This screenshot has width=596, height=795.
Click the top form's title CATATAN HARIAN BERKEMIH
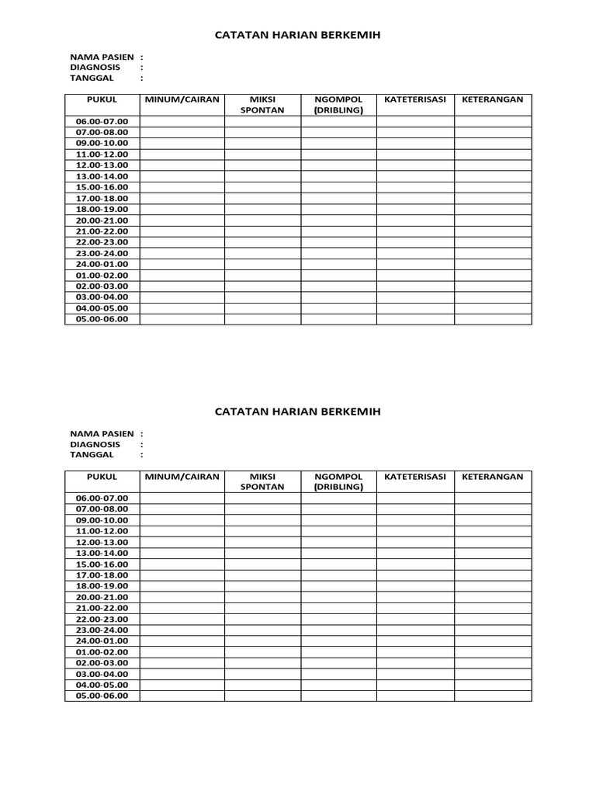tap(298, 35)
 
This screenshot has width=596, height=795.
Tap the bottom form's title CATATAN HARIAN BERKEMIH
tap(298, 411)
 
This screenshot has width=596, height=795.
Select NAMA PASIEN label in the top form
tap(102, 57)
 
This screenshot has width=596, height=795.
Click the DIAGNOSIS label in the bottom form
tap(95, 444)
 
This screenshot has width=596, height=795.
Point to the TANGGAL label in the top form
tap(92, 78)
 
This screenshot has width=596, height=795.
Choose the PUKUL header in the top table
tap(102, 99)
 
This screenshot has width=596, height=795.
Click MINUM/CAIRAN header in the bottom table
tap(182, 477)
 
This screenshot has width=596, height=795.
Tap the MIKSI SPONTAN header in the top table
tap(262, 105)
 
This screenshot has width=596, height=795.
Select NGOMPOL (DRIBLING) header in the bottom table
tap(338, 482)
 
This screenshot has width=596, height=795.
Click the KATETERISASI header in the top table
tap(415, 99)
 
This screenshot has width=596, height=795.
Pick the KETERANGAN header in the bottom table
tap(493, 477)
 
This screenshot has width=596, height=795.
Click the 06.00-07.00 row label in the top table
tap(102, 121)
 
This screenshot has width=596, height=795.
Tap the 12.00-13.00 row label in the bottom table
tap(102, 542)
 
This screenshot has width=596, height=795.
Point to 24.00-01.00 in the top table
tap(102, 264)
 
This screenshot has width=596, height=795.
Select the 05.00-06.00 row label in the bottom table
tap(102, 696)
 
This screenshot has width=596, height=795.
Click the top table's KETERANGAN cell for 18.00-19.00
tap(493, 209)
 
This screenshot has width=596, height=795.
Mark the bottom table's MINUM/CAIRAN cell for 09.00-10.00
tap(182, 520)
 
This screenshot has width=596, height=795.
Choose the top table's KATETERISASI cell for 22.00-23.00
tap(415, 242)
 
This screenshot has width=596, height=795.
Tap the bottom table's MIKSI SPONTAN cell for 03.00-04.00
tap(262, 674)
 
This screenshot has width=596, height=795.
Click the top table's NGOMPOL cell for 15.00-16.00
tap(338, 187)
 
